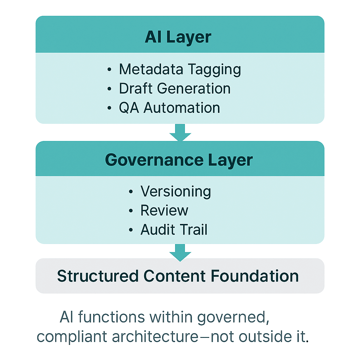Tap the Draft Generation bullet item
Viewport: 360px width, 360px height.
click(175, 89)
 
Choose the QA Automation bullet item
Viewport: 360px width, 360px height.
click(169, 108)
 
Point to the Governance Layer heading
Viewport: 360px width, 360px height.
click(179, 160)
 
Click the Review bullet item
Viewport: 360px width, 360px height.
click(164, 211)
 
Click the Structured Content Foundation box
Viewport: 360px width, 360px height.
click(180, 276)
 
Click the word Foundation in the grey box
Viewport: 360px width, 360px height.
click(255, 276)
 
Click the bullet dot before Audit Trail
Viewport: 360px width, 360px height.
click(131, 230)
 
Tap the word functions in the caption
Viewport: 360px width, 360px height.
click(112, 317)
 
